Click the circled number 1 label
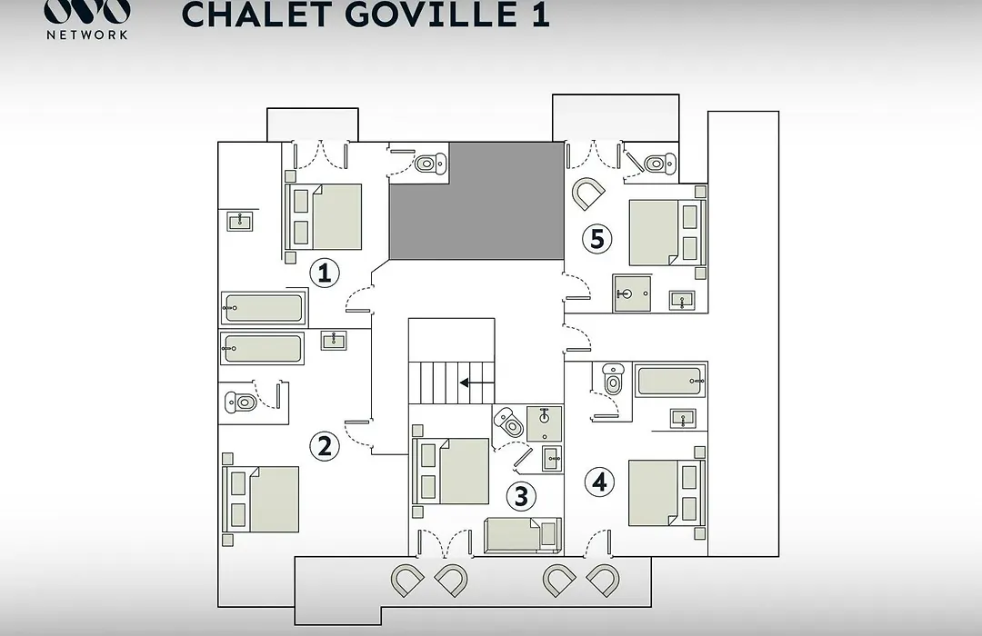[x=325, y=273]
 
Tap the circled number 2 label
[x=325, y=446]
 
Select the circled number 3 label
[x=521, y=496]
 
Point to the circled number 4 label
[x=599, y=482]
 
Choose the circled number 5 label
[x=596, y=238]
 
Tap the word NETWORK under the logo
[x=87, y=35]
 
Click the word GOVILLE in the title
[x=432, y=15]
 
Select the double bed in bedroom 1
[x=324, y=216]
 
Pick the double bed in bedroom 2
[x=261, y=499]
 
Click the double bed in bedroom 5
[x=667, y=233]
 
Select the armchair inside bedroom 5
[x=587, y=194]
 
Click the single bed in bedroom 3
[x=523, y=535]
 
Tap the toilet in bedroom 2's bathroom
[x=241, y=402]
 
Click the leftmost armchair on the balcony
[x=407, y=581]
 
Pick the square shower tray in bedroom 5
[x=631, y=293]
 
